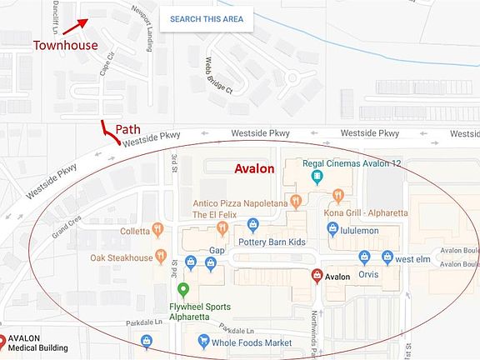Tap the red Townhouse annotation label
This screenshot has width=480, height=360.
[x=65, y=45]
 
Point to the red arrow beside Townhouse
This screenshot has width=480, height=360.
[x=75, y=27]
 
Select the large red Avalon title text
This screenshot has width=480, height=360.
[x=253, y=168]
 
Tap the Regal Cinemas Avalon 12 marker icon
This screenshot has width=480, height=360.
[x=317, y=177]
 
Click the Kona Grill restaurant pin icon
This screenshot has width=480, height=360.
[x=337, y=195]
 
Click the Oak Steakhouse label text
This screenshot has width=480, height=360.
[x=122, y=258]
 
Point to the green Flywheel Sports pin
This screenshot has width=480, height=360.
[x=183, y=289]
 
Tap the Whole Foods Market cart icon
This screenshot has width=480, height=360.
[x=202, y=341]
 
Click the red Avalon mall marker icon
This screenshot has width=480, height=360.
[x=317, y=276]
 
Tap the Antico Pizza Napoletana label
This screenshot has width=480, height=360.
[x=240, y=203]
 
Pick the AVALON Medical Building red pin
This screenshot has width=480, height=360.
[x=3, y=340]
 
